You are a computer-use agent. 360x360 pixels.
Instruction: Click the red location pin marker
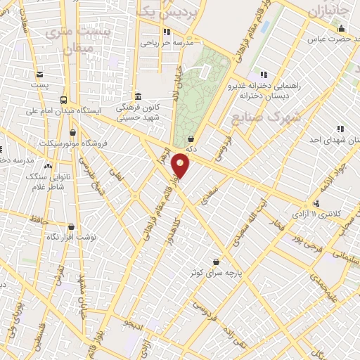coord(181,166)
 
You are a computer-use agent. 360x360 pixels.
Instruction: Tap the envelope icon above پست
coord(40,75)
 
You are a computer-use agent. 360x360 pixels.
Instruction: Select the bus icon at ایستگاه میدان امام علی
coord(65,100)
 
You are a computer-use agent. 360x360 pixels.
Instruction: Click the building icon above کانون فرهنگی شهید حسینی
coord(138,96)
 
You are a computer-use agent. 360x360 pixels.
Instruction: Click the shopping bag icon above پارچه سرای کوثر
coord(205,262)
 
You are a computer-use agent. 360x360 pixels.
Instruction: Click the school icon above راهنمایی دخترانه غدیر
coord(263,74)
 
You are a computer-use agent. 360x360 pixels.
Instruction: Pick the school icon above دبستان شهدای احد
coord(340,129)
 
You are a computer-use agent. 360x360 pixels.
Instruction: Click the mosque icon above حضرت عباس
coord(342,28)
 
